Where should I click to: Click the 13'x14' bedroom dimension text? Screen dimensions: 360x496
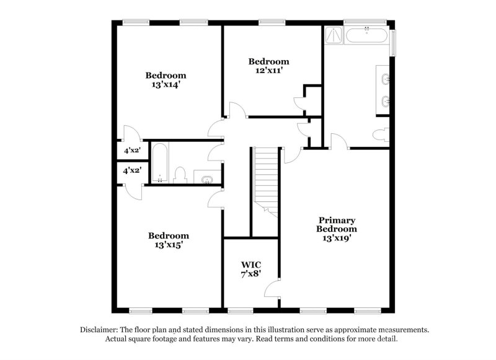pyautogui.click(x=166, y=85)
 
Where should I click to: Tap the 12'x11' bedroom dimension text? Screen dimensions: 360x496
pyautogui.click(x=268, y=71)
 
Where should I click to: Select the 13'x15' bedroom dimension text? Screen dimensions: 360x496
pyautogui.click(x=168, y=245)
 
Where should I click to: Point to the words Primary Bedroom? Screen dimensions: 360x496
pyautogui.click(x=337, y=224)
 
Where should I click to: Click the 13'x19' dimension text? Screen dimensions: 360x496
pyautogui.click(x=337, y=237)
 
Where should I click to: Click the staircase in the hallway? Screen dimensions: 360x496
pyautogui.click(x=265, y=180)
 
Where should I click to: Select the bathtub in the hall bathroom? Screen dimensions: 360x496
pyautogui.click(x=159, y=164)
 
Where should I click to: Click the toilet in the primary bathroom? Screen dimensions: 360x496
pyautogui.click(x=382, y=134)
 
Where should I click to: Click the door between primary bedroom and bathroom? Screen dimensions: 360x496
pyautogui.click(x=338, y=141)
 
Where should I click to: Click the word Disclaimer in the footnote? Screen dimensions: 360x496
pyautogui.click(x=101, y=330)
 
